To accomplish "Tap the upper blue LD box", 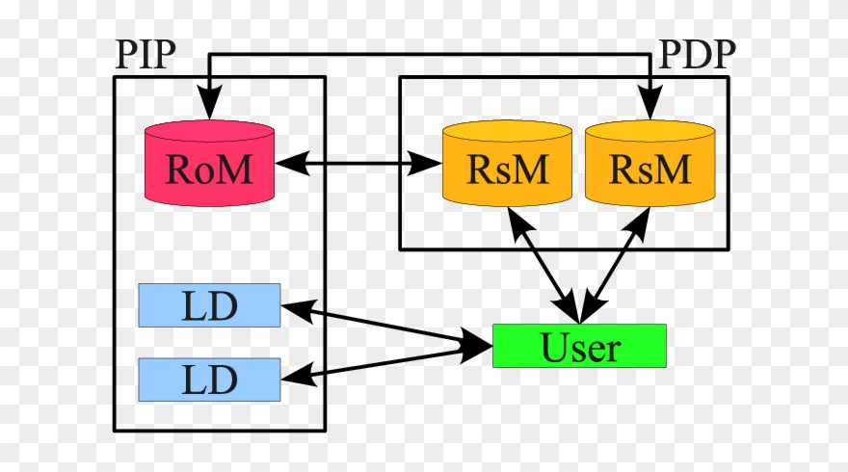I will tap(209, 305).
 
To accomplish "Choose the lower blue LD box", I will tap(209, 380).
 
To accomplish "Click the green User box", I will tap(579, 346).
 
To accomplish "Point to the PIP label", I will tap(146, 55).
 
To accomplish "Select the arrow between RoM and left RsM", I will tap(358, 164).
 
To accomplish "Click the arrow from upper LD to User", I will tap(385, 325).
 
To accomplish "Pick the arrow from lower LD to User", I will tap(385, 364).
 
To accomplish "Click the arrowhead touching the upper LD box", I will tap(295, 307).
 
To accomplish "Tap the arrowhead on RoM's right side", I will tap(289, 164).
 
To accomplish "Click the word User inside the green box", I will tap(579, 347).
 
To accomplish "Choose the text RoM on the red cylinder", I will tap(209, 169).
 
